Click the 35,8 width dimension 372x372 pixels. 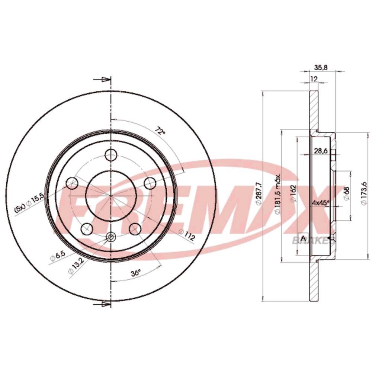pos(321,67)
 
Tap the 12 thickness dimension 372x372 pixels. pos(314,79)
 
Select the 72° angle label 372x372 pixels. pos(160,130)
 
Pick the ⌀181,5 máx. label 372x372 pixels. pos(278,193)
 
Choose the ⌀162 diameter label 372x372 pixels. pos(294,193)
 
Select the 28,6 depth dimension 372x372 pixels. pos(321,150)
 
